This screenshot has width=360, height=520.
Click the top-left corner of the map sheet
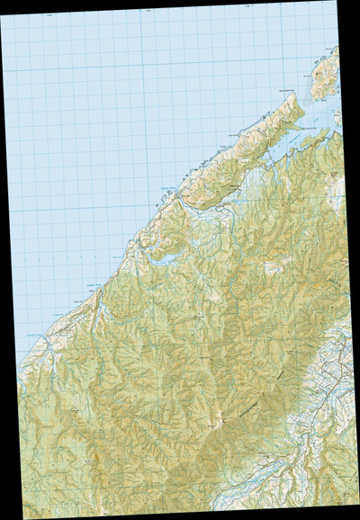(1, 15)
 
